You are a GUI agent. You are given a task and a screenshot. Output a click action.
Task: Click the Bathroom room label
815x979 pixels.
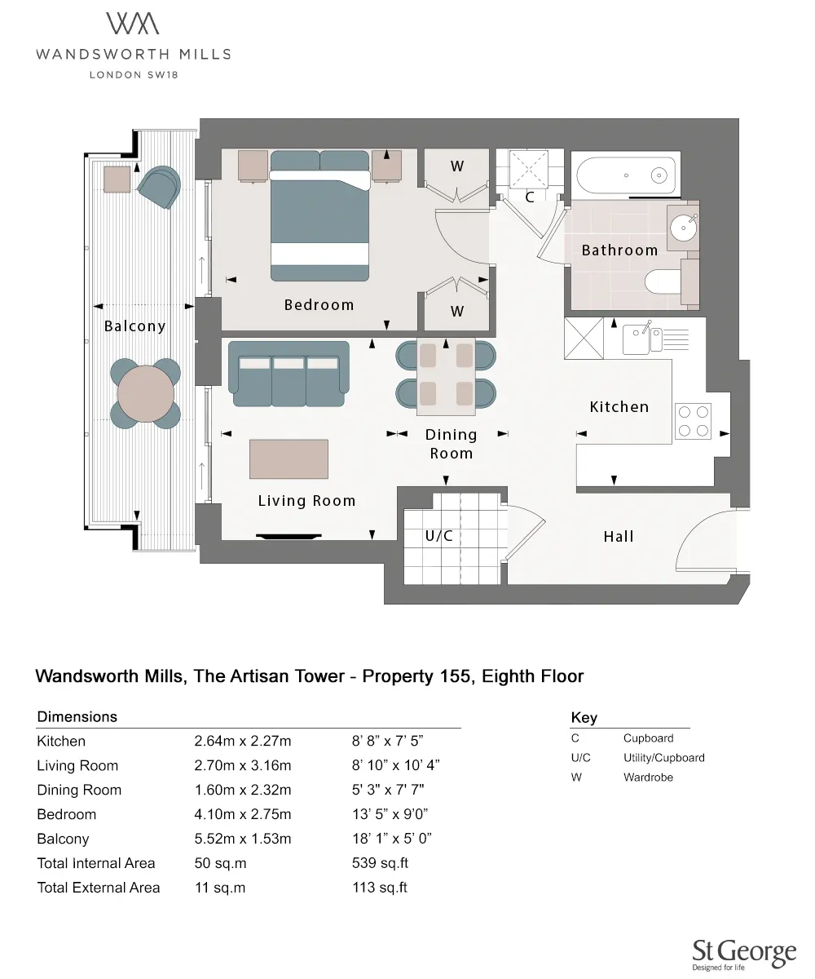619,250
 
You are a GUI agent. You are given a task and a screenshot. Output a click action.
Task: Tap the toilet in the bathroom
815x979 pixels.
663,281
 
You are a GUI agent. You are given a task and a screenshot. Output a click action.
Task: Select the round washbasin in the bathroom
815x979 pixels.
684,228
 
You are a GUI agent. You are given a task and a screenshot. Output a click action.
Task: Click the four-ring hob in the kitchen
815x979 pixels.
694,421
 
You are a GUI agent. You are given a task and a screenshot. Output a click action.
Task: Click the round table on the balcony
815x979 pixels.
146,393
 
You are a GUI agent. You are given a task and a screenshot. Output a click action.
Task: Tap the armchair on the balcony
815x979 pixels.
159,187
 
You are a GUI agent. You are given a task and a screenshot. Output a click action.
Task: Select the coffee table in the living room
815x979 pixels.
289,459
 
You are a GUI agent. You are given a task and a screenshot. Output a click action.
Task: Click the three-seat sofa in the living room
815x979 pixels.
289,374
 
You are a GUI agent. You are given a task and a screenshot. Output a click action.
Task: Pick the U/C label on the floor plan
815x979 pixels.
439,536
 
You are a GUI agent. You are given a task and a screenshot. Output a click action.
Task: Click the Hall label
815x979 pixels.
619,536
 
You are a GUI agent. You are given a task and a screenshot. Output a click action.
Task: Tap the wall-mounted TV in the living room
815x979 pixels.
289,536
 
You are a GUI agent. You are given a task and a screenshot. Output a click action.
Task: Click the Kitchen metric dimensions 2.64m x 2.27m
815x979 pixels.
243,741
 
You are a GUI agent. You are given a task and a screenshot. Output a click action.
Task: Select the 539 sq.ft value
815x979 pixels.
380,862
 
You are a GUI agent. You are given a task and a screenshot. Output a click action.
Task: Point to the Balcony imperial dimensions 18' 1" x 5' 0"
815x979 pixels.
391,839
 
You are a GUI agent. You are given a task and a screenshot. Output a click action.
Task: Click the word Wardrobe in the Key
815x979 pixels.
648,777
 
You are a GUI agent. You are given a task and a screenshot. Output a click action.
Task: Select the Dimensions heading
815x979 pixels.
77,716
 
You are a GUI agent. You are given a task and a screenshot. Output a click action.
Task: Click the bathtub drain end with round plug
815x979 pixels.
659,175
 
